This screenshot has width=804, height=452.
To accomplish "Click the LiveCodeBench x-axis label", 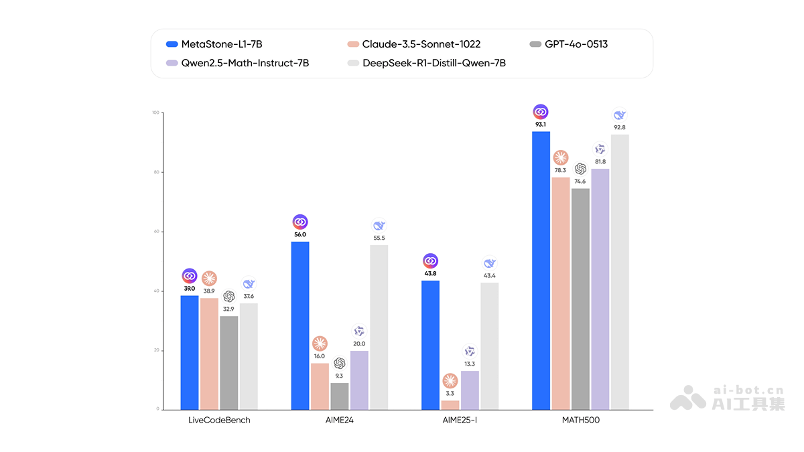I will pos(219,421).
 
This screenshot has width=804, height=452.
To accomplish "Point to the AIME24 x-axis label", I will pos(339,421).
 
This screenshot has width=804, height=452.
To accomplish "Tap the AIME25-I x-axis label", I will pos(460,421).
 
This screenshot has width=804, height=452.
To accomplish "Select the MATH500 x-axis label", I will pos(580,421).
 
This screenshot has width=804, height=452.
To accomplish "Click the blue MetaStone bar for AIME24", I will pos(300,325).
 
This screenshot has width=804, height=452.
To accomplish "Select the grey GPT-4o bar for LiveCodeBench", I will pos(229,362).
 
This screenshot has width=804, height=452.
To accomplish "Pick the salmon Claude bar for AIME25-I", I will pos(450,404).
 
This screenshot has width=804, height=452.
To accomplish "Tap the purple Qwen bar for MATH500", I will pos(600,289).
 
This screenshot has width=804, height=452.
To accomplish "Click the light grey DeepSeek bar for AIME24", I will pos(379,327).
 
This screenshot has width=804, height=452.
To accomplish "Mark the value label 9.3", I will pos(340,376).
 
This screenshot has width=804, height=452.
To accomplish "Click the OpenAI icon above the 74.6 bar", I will pos(580,169).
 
